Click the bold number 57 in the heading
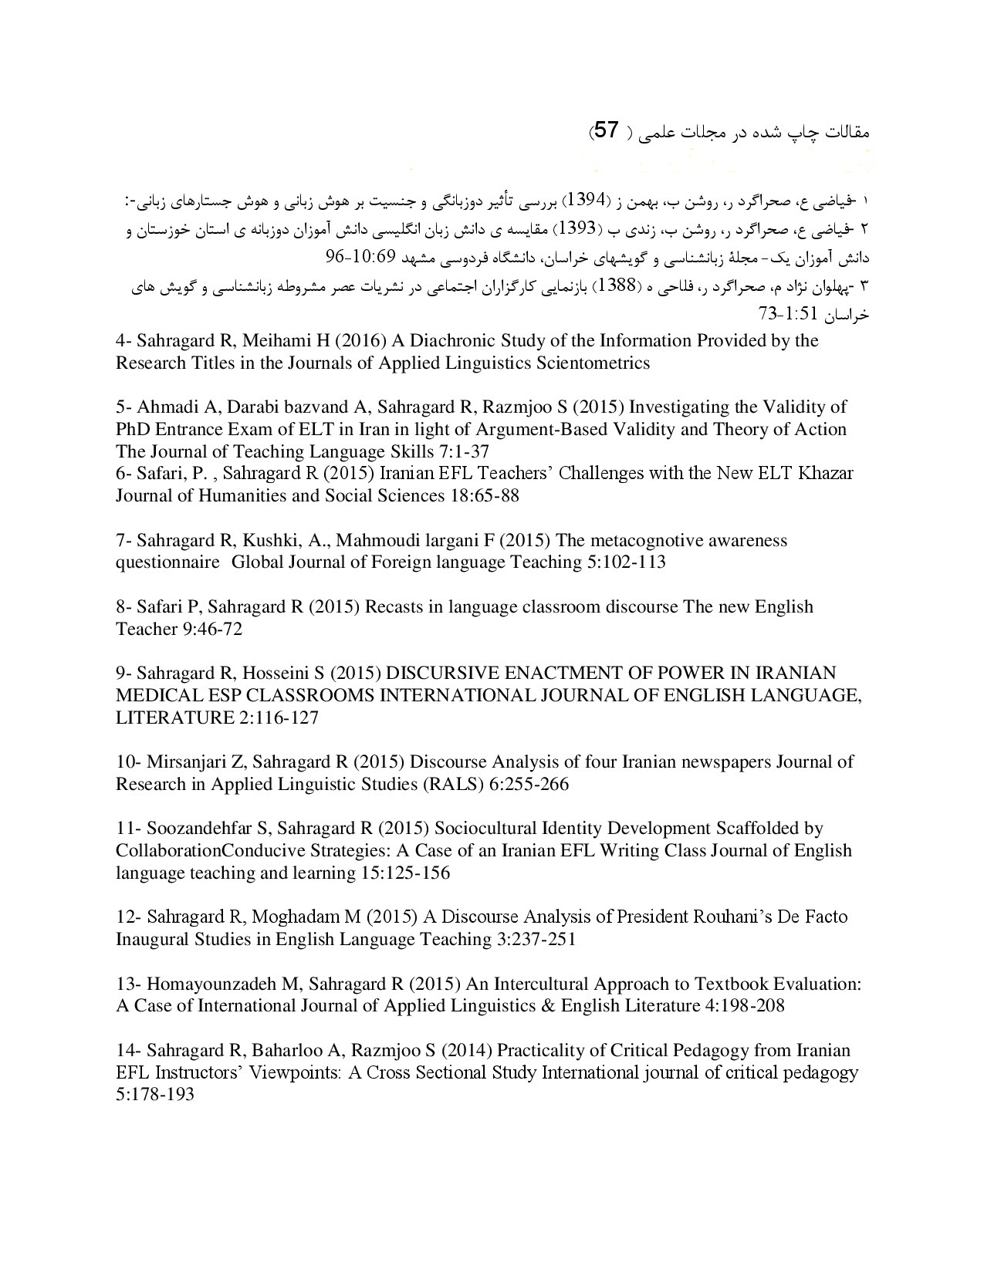[607, 130]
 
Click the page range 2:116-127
[276, 718]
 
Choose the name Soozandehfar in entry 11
[205, 829]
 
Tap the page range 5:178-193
[155, 1095]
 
